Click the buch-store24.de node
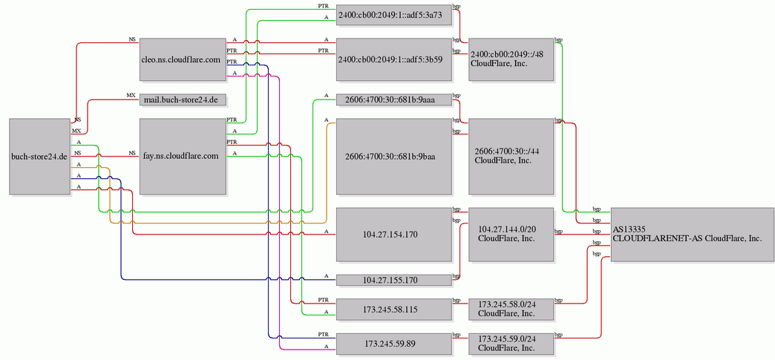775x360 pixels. point(39,157)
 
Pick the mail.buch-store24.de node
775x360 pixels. point(181,100)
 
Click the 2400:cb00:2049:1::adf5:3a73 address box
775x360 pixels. point(394,16)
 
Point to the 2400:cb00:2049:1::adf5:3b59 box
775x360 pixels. point(394,59)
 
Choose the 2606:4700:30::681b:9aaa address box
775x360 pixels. point(394,100)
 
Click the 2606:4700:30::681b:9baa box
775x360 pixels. point(394,157)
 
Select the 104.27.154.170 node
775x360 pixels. point(394,235)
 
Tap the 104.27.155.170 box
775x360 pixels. point(394,281)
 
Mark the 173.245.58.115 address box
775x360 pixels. point(394,310)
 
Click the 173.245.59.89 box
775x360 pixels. point(394,343)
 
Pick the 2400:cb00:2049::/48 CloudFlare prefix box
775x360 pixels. point(511,59)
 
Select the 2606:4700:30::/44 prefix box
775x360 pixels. point(511,157)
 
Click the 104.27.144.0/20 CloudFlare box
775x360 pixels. point(511,235)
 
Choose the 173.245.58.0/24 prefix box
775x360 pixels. point(511,310)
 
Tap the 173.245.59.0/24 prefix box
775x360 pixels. point(511,343)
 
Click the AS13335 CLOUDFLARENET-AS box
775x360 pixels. point(693,235)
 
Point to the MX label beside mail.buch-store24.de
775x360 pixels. point(131,95)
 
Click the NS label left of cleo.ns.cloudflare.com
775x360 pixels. point(132,39)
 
